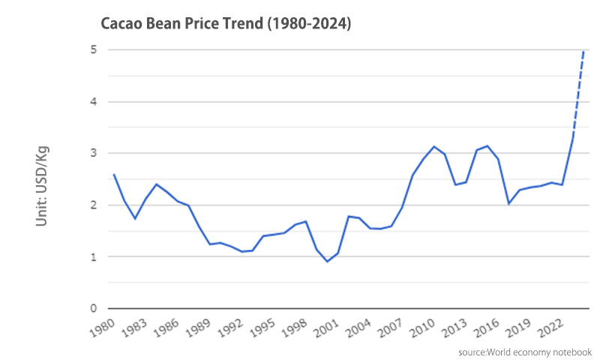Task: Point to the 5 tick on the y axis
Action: (94, 49)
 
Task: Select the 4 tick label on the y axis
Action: (94, 101)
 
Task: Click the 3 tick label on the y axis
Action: (94, 153)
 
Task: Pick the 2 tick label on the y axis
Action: (94, 205)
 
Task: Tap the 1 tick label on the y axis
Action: (94, 256)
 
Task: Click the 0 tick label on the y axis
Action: (94, 308)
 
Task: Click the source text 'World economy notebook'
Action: (526, 352)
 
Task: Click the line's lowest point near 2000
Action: (327, 261)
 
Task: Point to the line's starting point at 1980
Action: (113, 175)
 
